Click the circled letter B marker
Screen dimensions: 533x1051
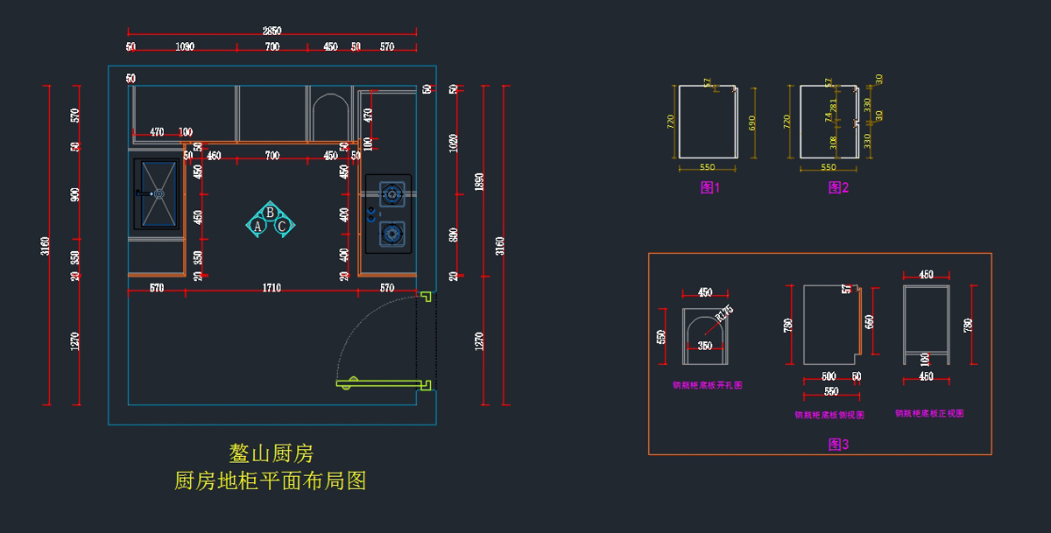(271, 212)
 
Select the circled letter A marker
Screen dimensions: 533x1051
(258, 226)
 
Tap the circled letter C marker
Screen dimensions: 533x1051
(282, 226)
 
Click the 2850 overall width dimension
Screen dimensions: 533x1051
(272, 32)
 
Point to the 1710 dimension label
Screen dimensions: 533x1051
(272, 288)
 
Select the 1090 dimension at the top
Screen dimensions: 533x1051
(184, 46)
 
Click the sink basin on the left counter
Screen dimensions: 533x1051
(159, 193)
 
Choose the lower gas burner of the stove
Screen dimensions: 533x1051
(391, 233)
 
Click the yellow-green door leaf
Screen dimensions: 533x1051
(382, 383)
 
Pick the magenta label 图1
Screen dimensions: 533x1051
(709, 187)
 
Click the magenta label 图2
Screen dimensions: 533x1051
(838, 187)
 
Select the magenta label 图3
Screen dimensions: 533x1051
(838, 445)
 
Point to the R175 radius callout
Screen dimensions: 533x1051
(723, 313)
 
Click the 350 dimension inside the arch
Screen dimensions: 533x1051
(705, 347)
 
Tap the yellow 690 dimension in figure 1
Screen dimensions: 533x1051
(752, 123)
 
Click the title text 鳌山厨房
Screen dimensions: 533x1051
(271, 453)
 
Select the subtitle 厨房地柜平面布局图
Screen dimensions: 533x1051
(271, 480)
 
